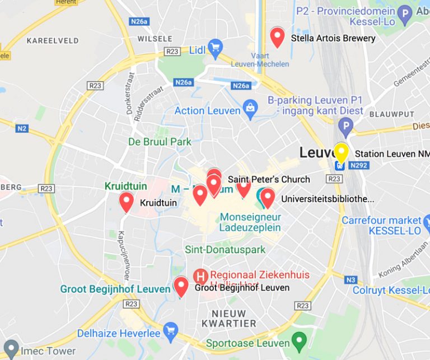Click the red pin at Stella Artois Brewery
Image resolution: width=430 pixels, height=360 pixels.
277,37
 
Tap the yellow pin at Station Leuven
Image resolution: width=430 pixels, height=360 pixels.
341,152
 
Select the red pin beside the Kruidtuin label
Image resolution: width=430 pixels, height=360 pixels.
127,202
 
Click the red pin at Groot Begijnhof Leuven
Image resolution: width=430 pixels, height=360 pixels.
180,286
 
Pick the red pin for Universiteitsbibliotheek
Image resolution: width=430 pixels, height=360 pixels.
268,198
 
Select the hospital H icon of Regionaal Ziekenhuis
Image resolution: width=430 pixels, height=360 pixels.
199,275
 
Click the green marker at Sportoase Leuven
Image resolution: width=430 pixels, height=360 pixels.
300,340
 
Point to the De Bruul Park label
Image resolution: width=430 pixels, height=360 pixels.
160,142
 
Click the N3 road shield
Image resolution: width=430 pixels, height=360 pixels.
351,279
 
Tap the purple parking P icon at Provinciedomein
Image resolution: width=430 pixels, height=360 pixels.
405,13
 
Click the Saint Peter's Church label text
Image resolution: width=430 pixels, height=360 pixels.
269,179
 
